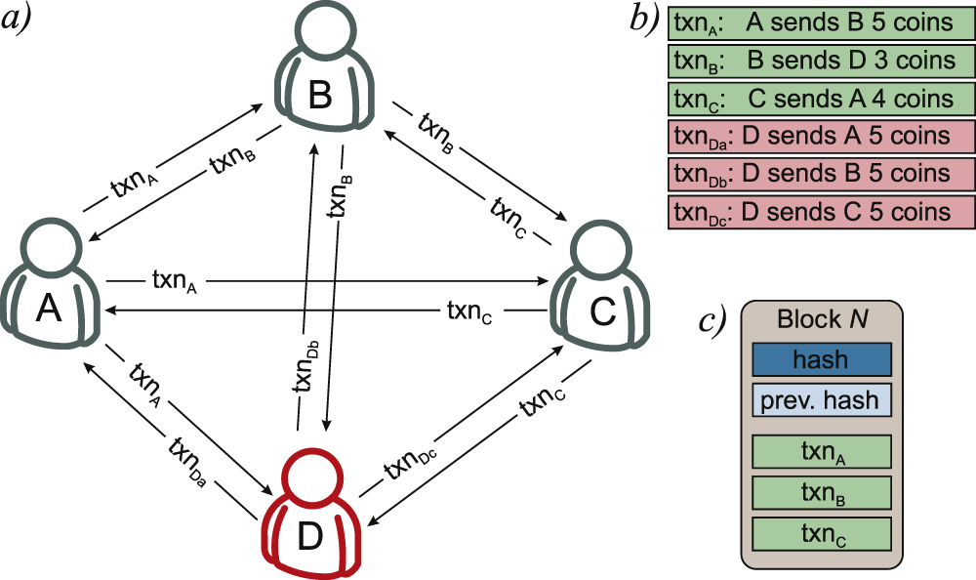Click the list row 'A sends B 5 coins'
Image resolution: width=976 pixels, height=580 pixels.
coord(822,22)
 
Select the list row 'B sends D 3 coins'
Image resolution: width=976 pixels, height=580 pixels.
coord(822,61)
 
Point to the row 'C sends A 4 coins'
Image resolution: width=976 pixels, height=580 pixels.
coord(822,99)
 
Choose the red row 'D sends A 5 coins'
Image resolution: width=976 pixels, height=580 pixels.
coord(822,136)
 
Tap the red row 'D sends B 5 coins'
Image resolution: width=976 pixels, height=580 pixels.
coord(822,173)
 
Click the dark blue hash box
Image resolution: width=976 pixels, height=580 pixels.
coord(822,359)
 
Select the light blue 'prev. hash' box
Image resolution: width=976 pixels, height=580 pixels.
coord(822,399)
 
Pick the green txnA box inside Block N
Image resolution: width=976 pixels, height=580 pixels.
coord(822,453)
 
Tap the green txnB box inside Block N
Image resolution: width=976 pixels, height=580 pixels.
coord(822,493)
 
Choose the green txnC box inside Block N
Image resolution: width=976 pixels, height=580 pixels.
coord(822,533)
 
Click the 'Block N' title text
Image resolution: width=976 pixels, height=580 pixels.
coord(822,319)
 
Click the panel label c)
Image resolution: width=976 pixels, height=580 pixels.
coord(710,323)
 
